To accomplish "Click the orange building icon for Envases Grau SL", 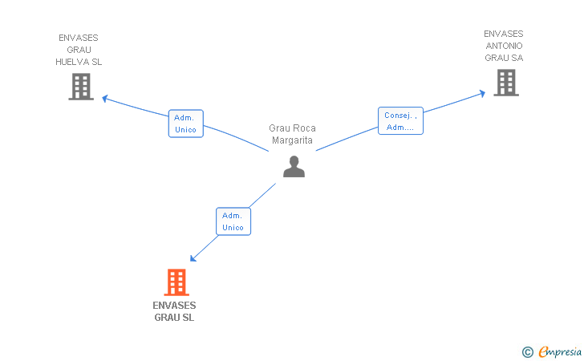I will coord(176,282).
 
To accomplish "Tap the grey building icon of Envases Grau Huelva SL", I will coord(81,87).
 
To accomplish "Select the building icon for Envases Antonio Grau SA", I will coord(505,83).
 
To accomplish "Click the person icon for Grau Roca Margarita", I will coord(294,166).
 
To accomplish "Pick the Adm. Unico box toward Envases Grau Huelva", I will coord(185,124).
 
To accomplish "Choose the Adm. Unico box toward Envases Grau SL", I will coord(233,221).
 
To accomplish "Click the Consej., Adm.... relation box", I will coord(400,121).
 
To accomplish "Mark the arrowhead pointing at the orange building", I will coord(193,258).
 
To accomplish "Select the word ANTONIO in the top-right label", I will coord(504,46).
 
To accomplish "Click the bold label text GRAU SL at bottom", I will coord(174,318).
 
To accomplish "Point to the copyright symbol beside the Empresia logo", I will coord(527,351).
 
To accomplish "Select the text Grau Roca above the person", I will coord(292,128).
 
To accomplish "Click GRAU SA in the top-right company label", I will coord(504,58).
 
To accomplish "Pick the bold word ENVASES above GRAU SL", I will coord(174,306).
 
